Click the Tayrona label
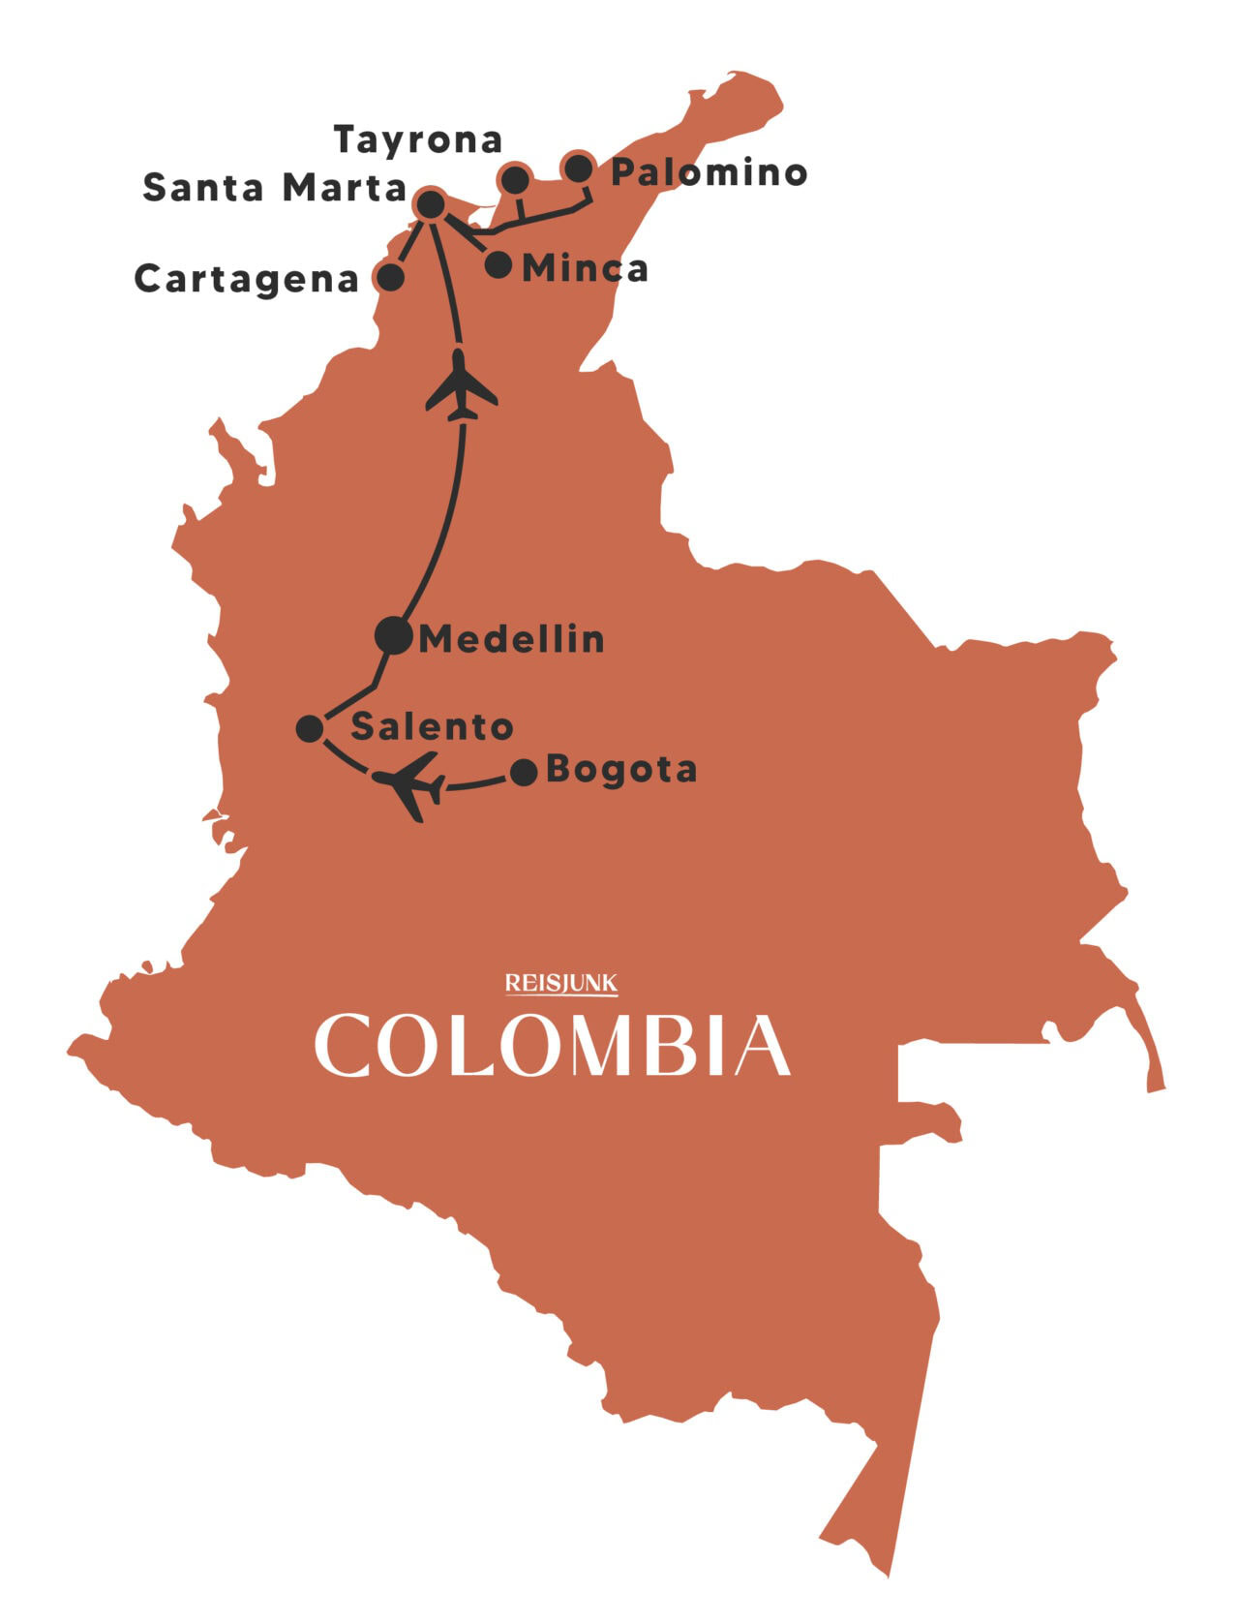point(418,141)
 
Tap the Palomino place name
point(710,172)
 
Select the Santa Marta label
point(274,188)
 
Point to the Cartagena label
point(247,279)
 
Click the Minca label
point(585,268)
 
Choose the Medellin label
point(511,639)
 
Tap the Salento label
point(432,726)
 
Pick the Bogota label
point(621,770)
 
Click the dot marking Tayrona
point(515,179)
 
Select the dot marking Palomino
point(578,168)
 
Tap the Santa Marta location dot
point(429,204)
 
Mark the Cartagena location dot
point(390,278)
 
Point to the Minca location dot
point(498,264)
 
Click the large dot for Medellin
point(393,635)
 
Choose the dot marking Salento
point(310,728)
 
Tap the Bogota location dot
point(524,772)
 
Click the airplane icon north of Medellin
point(462,386)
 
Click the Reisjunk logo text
point(561,984)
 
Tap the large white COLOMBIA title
point(553,1045)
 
